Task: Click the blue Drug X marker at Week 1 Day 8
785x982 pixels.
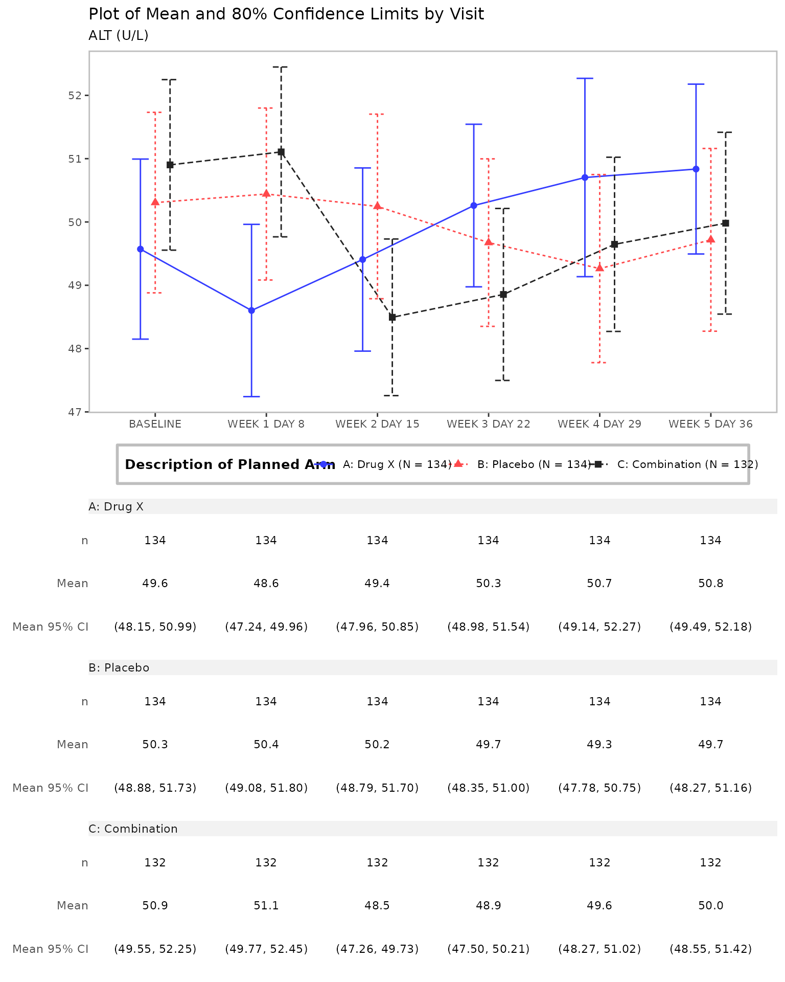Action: click(251, 310)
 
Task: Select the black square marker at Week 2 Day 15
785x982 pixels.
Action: click(392, 317)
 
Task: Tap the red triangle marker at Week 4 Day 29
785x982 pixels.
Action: click(599, 268)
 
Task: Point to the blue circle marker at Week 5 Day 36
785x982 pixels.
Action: click(696, 169)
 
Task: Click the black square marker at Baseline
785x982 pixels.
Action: click(170, 165)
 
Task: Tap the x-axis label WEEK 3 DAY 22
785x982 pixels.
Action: click(488, 424)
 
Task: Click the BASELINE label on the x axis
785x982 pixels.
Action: click(155, 424)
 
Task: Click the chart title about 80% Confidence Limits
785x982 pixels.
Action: click(286, 14)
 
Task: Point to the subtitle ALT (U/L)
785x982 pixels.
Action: click(119, 36)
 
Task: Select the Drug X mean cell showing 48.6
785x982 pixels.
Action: click(266, 584)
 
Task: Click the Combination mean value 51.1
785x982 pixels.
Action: click(266, 906)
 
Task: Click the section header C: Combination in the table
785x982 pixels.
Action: click(133, 829)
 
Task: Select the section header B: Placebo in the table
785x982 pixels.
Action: click(119, 668)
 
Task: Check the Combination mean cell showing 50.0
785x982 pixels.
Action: click(710, 906)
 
